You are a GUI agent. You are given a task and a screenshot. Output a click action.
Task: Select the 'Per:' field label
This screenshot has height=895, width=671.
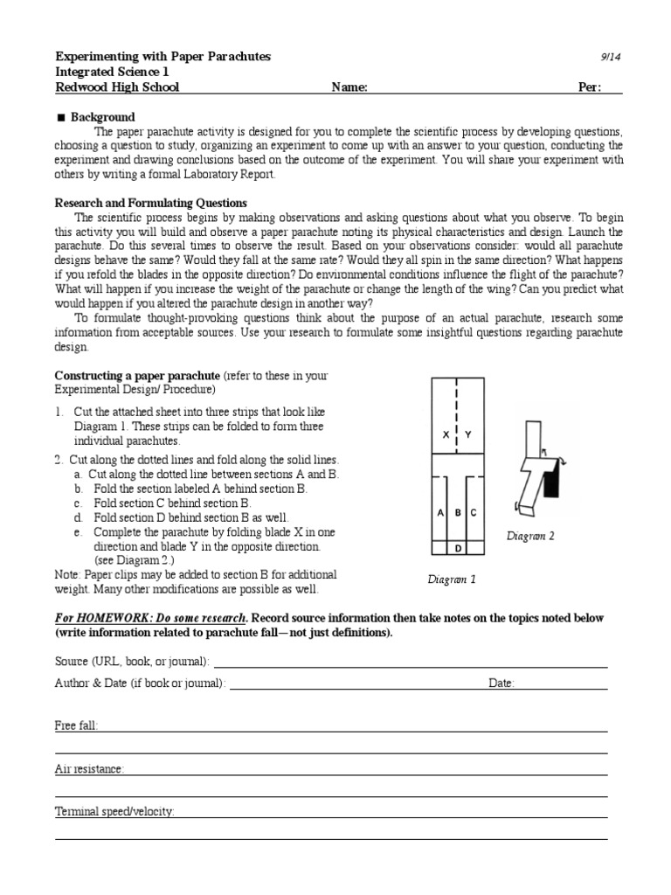point(591,87)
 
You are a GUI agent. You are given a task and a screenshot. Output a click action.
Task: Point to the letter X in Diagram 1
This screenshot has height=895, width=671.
point(446,434)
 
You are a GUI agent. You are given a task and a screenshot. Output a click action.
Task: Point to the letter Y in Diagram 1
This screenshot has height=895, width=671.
point(468,434)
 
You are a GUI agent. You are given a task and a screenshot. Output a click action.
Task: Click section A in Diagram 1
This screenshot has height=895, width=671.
point(441,513)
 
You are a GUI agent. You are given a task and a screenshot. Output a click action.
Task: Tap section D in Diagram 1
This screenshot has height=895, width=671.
point(458,548)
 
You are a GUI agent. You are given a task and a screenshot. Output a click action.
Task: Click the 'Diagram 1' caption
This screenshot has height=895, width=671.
point(452,579)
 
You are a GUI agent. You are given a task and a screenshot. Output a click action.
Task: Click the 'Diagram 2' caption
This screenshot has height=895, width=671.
point(530,537)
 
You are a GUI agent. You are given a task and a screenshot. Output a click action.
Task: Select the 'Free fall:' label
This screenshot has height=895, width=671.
point(77,726)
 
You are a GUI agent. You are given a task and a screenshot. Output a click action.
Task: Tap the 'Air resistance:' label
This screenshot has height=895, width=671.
point(90,769)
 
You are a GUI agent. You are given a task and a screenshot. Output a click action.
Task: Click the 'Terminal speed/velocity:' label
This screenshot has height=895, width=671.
point(115,812)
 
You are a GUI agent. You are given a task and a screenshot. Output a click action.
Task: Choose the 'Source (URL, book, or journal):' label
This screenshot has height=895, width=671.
point(133,662)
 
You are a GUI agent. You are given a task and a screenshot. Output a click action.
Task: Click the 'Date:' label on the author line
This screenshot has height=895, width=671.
point(502,683)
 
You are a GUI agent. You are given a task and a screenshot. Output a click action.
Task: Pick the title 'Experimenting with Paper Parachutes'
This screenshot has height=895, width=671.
point(163,57)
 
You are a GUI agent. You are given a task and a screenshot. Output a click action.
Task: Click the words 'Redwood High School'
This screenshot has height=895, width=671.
point(118,87)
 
